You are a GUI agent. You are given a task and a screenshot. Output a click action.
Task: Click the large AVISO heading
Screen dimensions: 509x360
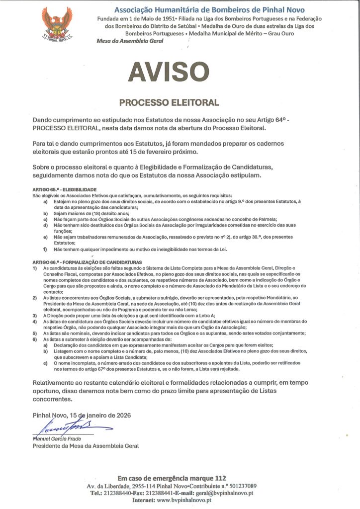coord(169,73)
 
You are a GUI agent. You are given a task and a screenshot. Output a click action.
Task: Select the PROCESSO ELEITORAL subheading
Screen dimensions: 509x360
coord(169,103)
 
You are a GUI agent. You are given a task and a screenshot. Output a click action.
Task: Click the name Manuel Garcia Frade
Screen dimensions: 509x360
coord(57,439)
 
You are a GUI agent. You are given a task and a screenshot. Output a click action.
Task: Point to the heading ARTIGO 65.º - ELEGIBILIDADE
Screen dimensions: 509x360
coord(64,190)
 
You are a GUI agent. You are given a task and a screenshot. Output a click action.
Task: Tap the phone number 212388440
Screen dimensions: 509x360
coord(118,493)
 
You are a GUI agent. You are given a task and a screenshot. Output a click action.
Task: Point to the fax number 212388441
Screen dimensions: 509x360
coord(159,493)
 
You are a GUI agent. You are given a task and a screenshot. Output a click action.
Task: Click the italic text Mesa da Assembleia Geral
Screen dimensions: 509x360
coord(129,41)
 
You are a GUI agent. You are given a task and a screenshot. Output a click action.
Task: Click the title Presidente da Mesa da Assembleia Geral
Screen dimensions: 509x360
coord(86,446)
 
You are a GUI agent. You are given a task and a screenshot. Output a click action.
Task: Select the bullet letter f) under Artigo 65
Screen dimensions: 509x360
coord(45,249)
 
